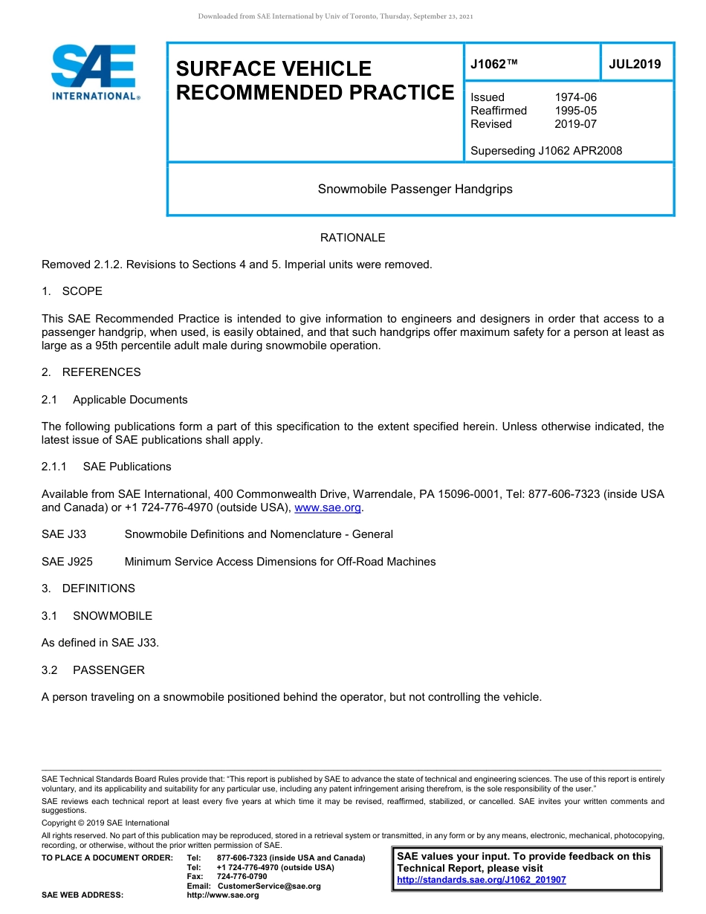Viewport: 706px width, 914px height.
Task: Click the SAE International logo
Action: (x=95, y=73)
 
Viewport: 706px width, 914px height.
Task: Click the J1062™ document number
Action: (x=493, y=64)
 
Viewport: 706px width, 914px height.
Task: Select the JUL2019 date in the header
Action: (x=635, y=64)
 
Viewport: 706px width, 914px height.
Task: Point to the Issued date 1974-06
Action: (x=575, y=97)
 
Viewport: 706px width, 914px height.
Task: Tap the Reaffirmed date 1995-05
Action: (x=575, y=111)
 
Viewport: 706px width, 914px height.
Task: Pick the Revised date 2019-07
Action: (x=575, y=124)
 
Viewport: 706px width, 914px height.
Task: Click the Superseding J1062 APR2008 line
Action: (x=546, y=151)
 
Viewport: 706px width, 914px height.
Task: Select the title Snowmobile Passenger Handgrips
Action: (x=415, y=189)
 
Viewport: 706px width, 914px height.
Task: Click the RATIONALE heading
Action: (x=352, y=238)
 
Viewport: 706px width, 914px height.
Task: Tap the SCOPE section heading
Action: (x=82, y=291)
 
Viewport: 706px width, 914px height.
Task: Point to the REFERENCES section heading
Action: (x=101, y=372)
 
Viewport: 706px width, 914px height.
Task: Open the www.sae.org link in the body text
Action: (x=328, y=508)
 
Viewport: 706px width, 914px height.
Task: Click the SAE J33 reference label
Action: (x=64, y=534)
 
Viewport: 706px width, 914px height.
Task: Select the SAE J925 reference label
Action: (x=67, y=562)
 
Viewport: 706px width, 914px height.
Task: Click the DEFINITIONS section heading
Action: (x=98, y=589)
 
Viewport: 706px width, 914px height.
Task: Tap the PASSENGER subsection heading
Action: (x=109, y=670)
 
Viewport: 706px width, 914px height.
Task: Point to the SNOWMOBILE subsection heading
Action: (x=112, y=615)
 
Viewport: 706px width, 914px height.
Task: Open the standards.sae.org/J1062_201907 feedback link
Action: (x=481, y=880)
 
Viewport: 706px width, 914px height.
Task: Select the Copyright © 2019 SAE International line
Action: (x=106, y=823)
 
